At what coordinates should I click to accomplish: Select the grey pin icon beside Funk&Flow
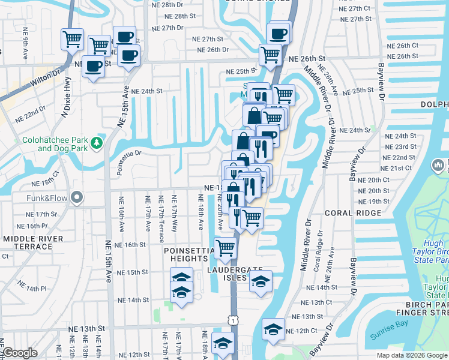click(77, 197)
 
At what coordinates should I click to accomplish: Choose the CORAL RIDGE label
click(353, 213)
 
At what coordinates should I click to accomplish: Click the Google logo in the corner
click(20, 353)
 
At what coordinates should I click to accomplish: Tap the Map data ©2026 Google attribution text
click(411, 355)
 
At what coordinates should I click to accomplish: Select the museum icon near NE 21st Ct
click(439, 164)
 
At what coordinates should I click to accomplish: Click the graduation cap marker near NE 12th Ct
click(273, 328)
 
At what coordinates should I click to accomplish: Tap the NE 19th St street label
click(374, 202)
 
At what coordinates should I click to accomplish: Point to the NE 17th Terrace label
click(161, 214)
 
